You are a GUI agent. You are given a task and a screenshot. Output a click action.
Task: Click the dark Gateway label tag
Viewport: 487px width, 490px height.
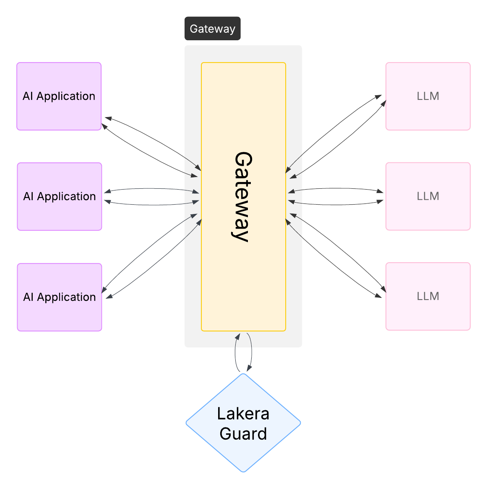pos(212,29)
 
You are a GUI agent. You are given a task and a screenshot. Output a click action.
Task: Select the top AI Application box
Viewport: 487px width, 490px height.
pos(59,96)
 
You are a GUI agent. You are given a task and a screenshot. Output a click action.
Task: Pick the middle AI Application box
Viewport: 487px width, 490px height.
pos(59,196)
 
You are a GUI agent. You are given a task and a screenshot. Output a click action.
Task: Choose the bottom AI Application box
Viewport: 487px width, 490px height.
pos(59,297)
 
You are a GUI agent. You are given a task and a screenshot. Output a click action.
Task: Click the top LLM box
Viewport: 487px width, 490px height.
pos(428,96)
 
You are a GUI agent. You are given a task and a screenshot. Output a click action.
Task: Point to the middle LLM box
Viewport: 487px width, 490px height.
pos(428,196)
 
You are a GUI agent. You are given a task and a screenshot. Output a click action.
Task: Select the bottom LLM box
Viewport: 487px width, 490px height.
pos(428,296)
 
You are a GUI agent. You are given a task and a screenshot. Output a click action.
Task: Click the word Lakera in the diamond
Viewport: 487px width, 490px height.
pos(243,414)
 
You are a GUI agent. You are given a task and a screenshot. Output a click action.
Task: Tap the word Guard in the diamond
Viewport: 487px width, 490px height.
pos(243,434)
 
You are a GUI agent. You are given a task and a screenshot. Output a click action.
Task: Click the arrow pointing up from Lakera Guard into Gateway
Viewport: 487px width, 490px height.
pos(236,352)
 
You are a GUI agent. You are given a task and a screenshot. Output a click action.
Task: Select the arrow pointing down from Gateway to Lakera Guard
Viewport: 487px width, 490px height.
pos(251,352)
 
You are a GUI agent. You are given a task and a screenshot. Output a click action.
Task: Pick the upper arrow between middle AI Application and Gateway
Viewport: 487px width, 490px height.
pos(151,189)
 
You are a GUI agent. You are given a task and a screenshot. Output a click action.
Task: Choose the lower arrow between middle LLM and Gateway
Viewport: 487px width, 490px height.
pos(336,205)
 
